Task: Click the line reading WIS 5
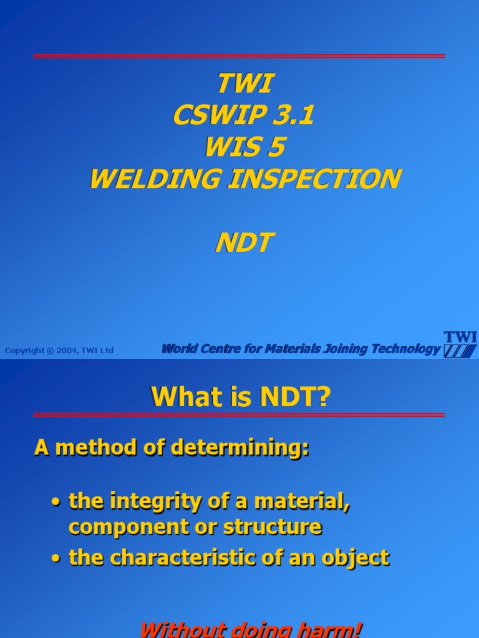click(244, 148)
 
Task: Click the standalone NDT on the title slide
click(244, 243)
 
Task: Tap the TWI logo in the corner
click(460, 345)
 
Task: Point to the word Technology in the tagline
click(406, 349)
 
